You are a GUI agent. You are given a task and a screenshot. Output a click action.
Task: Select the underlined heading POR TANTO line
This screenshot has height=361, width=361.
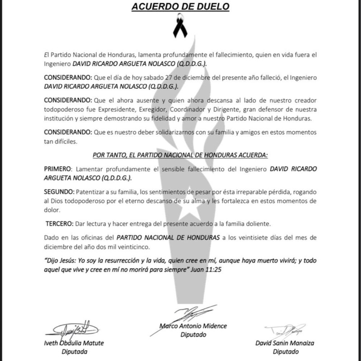click(x=180, y=155)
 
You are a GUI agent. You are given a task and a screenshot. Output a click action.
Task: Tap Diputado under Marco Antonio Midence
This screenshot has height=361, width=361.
click(x=193, y=335)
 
